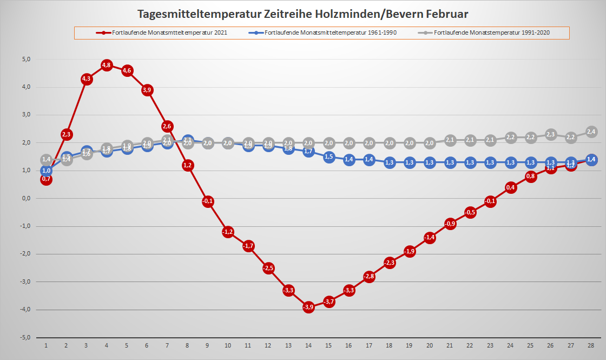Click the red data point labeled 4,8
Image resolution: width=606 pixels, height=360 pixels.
click(x=106, y=66)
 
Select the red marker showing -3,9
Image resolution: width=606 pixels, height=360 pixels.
click(x=308, y=307)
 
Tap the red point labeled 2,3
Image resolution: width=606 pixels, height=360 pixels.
click(x=66, y=134)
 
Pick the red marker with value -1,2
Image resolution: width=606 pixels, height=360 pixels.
click(x=228, y=232)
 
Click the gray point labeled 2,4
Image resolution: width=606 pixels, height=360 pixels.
click(x=591, y=132)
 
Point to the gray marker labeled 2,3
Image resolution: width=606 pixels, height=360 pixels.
click(x=551, y=134)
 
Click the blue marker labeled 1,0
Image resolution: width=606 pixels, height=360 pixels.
click(x=46, y=171)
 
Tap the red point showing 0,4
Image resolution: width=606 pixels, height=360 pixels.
click(x=511, y=187)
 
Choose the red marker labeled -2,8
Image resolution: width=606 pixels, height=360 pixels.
click(x=369, y=277)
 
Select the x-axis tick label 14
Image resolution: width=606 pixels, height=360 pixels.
click(x=308, y=345)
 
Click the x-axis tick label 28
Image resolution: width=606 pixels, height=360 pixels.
click(x=591, y=345)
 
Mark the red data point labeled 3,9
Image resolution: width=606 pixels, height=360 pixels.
click(x=147, y=90)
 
